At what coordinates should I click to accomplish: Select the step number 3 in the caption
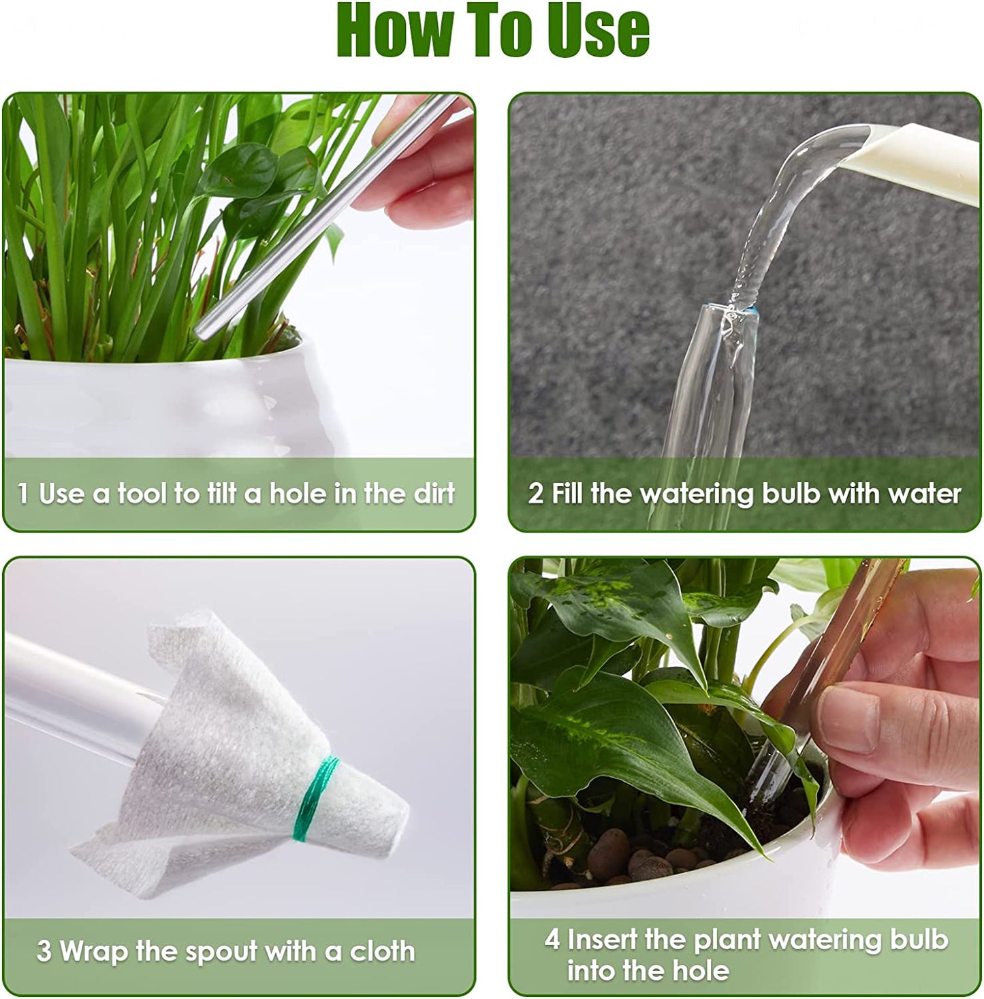pos(44,951)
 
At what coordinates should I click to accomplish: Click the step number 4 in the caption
pos(552,940)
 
